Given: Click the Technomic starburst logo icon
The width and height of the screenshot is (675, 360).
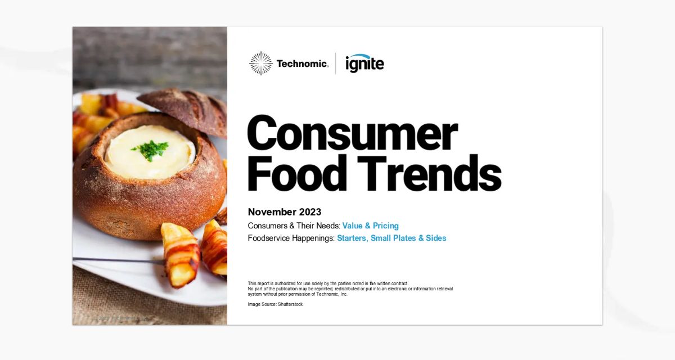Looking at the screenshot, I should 260,64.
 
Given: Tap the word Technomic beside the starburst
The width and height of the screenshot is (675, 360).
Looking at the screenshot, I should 302,64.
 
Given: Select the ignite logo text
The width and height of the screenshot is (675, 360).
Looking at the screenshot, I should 364,64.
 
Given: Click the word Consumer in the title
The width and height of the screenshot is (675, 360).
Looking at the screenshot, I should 352,134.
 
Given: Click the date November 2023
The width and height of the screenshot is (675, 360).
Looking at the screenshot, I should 285,212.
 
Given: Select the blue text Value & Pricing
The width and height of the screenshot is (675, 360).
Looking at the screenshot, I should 370,226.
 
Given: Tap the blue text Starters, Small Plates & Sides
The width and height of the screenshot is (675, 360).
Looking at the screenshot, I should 391,238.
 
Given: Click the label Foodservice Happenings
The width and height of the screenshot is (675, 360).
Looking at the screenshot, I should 291,238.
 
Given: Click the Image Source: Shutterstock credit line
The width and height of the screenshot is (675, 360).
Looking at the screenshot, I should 275,304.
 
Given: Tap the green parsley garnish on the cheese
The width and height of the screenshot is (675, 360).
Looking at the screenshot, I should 150,148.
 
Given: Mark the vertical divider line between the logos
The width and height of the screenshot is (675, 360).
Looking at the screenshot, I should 336,64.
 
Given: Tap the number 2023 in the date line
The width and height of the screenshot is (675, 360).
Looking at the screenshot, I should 309,212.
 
